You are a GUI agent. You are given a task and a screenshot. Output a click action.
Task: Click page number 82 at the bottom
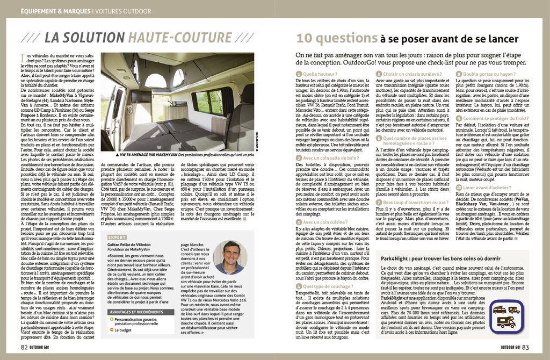pos(25,347)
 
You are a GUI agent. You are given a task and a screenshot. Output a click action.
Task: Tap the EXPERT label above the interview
pos(118,236)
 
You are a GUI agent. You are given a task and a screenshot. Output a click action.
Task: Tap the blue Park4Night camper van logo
pos(506,316)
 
